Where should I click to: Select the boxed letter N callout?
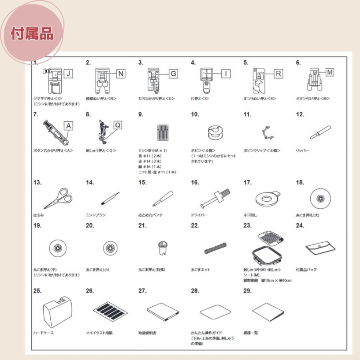(121, 74)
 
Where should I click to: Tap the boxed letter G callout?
(173, 74)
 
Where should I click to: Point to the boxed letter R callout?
(278, 74)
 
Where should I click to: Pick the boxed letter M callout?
(330, 72)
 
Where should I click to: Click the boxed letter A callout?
(69, 126)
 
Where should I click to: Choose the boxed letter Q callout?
(118, 125)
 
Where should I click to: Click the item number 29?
(248, 291)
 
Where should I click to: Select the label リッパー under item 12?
(302, 150)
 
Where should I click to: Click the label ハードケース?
(43, 333)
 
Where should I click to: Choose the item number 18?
(300, 183)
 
